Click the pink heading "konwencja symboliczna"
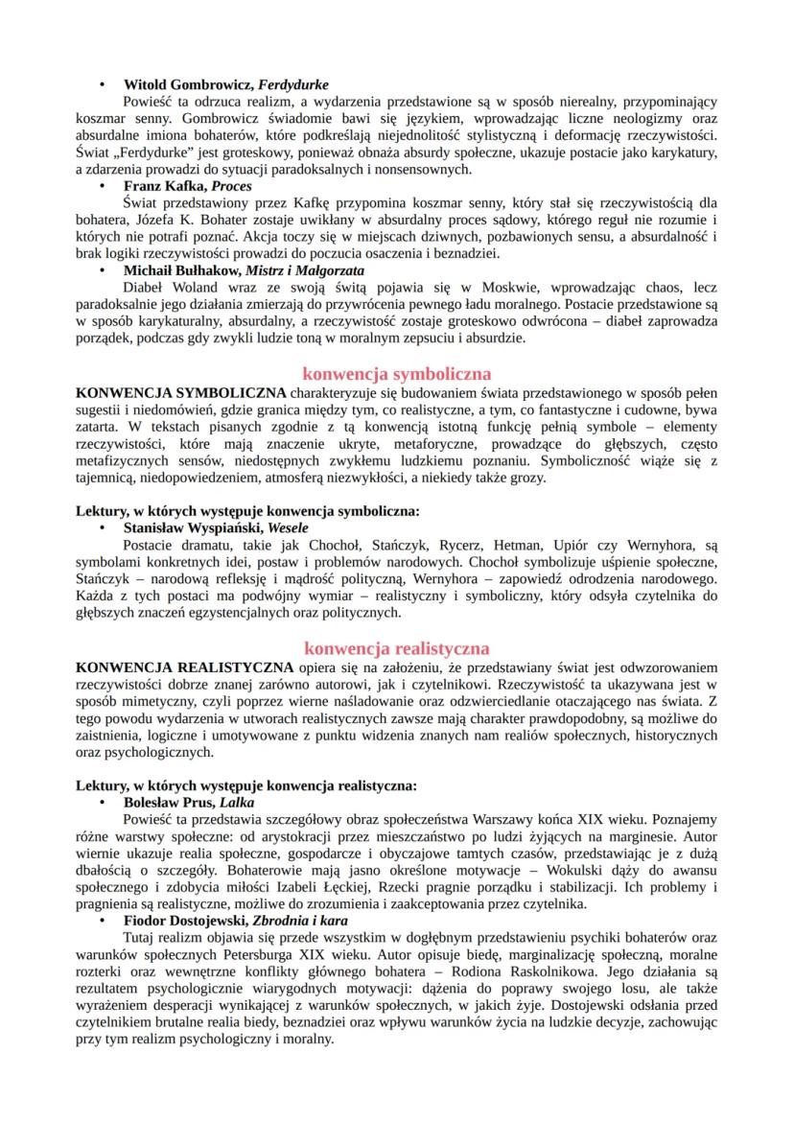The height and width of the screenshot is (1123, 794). click(x=396, y=372)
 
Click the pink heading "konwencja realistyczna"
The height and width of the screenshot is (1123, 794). click(x=396, y=648)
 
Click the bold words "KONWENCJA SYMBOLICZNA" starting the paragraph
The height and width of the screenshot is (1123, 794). click(x=180, y=392)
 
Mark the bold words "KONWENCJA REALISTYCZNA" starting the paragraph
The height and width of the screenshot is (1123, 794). click(x=184, y=666)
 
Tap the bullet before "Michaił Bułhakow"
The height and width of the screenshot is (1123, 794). click(x=104, y=270)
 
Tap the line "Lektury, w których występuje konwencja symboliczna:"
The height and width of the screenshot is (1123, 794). click(x=246, y=511)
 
